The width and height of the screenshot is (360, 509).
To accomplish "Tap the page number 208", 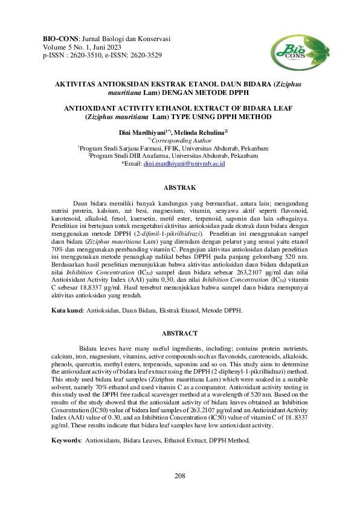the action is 179,476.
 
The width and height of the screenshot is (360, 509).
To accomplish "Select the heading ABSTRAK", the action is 179,188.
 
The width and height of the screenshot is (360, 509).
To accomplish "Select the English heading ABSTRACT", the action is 179,334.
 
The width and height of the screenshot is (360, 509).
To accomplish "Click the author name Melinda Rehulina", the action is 203,131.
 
